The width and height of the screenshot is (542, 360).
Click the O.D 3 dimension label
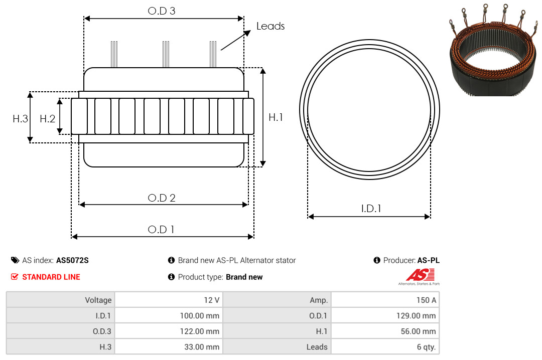[162, 11]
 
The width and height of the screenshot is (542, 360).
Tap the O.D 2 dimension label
[162, 198]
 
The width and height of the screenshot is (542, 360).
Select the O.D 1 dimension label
[161, 230]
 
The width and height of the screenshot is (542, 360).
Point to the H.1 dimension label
[276, 117]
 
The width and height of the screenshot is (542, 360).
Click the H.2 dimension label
[47, 119]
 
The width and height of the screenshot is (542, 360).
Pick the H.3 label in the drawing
[21, 119]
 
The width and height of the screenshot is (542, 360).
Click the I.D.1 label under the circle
[371, 209]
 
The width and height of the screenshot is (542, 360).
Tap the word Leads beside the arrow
[270, 26]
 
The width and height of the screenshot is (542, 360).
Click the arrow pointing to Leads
[235, 40]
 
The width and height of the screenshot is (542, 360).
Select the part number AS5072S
[72, 261]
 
